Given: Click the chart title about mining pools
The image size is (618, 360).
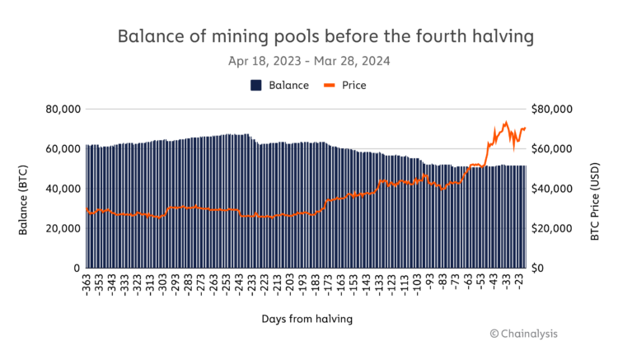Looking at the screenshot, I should pos(325,36).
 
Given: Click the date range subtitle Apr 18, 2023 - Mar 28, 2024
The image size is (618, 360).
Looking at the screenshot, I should pos(309,61).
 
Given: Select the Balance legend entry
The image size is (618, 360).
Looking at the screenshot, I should pos(279,85).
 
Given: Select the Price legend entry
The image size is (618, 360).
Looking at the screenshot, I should pos(347,85).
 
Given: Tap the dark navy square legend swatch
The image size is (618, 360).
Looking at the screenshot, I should pos(255,85).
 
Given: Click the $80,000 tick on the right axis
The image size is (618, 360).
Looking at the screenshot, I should pos(552,109).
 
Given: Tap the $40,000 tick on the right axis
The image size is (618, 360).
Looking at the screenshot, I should pos(552,189).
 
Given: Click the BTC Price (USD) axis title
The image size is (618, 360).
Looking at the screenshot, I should pos(595,189).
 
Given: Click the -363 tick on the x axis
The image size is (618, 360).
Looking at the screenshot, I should pos(88,284).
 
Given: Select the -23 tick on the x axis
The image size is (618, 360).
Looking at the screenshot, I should pos(521,284).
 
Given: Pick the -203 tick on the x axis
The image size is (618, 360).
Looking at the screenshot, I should pos(292,284).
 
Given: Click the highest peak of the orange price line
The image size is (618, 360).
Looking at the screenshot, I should pos(505,122).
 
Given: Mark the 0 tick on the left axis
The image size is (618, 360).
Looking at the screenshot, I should pos(75,269).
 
